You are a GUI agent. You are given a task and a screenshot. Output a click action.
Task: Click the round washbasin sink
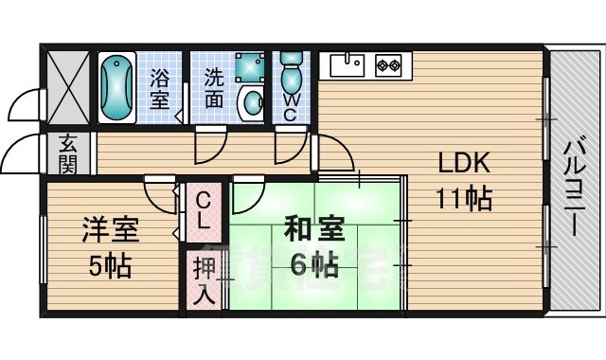coord(252,103)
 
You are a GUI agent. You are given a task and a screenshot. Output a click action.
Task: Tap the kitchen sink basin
coord(347,65)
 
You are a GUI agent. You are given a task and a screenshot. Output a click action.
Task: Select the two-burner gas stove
coord(388,66)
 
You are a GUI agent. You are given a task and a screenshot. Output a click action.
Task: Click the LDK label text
coord(461,164)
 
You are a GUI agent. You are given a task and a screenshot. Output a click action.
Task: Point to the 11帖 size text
coord(463,199)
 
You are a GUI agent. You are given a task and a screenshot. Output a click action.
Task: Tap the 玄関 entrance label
coord(68,154)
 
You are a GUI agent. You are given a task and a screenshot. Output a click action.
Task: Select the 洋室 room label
coord(110,230)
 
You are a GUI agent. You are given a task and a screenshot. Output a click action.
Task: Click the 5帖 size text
coord(110,264)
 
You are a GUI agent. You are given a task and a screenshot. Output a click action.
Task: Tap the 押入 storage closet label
coord(204,279)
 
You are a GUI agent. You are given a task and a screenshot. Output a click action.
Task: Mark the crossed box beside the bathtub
coord(68,86)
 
